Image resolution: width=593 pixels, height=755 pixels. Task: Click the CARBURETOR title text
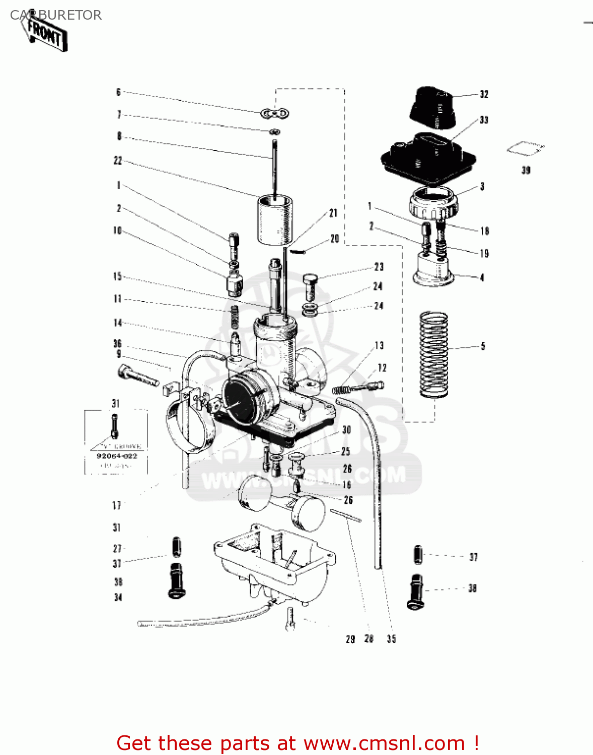(56, 15)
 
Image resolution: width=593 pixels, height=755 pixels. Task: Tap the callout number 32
(484, 95)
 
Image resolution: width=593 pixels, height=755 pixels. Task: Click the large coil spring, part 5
(434, 354)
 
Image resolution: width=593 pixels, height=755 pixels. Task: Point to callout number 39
(526, 170)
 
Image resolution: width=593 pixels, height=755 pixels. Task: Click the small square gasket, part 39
(525, 148)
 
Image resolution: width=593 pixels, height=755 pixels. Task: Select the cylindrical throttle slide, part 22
(275, 220)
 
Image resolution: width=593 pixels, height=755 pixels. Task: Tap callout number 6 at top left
(118, 92)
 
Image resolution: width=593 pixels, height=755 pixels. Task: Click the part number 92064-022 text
(117, 456)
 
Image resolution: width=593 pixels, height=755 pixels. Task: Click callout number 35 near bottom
(391, 639)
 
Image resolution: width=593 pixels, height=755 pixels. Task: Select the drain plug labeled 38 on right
(416, 592)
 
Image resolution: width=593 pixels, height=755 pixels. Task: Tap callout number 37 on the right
(473, 557)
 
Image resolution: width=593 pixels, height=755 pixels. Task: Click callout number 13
(379, 345)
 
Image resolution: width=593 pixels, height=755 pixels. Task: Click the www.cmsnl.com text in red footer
(384, 743)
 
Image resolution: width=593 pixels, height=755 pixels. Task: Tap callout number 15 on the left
(117, 276)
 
